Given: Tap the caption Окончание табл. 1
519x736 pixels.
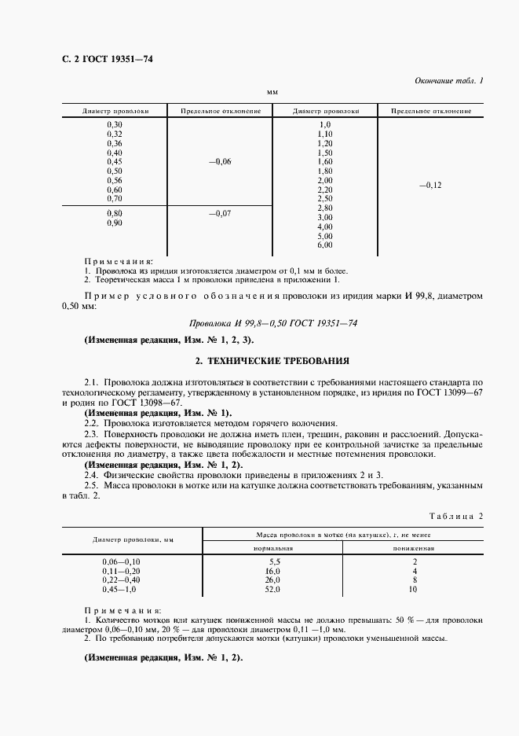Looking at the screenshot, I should pos(448,81).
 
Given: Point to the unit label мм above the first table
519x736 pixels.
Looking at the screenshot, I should pos(272,92).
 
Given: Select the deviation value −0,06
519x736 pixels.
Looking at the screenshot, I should pos(221,161).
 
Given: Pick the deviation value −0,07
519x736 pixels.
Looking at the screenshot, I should pos(221,213).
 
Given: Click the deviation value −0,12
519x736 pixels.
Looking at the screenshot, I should pos(431,185).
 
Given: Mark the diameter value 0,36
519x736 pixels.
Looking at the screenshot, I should pos(114,143).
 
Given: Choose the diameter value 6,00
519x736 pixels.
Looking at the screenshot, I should pos(325,245).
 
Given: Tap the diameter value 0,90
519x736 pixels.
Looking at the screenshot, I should pos(114,223).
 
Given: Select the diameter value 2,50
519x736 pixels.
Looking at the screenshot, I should pos(325,198).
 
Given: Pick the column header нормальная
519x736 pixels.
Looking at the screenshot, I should pos(273,547).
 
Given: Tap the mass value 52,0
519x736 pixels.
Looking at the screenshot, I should pos(273,589).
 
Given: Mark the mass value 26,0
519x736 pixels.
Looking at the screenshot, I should pos(273,580).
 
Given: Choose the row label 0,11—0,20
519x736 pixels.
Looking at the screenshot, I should pos(120,570).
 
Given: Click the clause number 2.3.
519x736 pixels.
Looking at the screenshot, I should pos(90,433).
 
